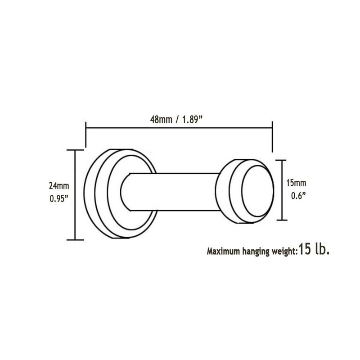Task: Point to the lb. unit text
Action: coord(323,250)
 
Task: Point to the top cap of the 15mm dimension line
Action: coord(281,160)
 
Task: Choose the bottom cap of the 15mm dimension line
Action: coord(281,220)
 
